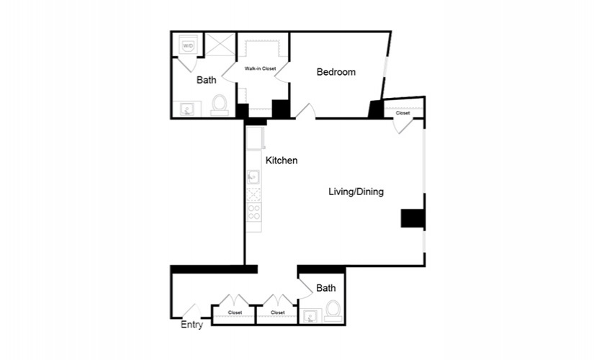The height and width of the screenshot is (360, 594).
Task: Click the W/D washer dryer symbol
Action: [x=188, y=45]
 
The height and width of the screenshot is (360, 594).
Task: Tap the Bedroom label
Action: [x=336, y=72]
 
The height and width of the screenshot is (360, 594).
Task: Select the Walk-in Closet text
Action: [x=260, y=68]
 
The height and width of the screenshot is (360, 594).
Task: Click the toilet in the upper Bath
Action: [x=220, y=105]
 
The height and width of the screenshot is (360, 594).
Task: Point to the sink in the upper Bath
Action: [x=187, y=109]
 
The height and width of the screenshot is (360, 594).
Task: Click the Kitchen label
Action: [x=282, y=161]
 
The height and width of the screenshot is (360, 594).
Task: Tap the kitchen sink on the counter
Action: [x=253, y=177]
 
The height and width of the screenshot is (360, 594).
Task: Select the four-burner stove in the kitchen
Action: [x=254, y=212]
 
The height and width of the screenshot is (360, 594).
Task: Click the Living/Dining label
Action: [x=356, y=192]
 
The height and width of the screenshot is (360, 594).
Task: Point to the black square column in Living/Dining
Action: [x=412, y=218]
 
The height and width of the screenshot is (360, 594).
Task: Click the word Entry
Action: [x=192, y=325]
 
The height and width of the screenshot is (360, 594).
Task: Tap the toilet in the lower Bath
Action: [x=333, y=311]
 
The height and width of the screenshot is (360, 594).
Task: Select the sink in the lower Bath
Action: [x=310, y=316]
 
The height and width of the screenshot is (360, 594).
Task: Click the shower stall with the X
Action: [x=220, y=45]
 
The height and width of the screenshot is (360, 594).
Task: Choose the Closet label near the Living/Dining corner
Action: [x=402, y=113]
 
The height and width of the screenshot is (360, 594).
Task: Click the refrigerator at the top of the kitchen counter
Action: [x=255, y=138]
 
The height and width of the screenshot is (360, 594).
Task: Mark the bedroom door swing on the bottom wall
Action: [x=305, y=111]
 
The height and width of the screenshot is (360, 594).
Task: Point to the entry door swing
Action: [x=192, y=310]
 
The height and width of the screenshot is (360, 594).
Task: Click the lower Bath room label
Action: [x=325, y=289]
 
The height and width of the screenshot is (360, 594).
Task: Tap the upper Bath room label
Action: [x=207, y=80]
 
